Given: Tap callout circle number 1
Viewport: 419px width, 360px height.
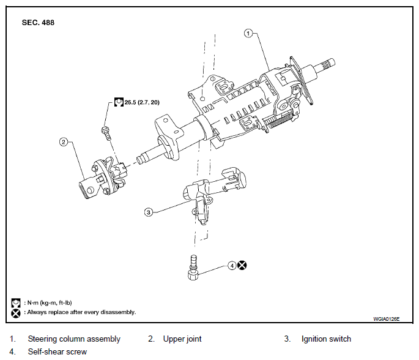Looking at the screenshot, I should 248,33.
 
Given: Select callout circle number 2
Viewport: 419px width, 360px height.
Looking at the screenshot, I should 63,142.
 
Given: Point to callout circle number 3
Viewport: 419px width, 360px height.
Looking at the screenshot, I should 148,212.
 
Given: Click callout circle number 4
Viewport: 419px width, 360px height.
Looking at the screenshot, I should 232,266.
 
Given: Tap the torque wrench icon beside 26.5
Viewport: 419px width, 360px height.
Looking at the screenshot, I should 119,103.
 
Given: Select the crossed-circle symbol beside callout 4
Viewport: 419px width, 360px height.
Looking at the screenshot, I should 243,266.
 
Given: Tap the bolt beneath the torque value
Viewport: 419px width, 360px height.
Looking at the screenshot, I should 105,130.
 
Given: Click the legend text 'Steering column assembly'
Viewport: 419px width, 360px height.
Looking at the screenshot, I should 74,339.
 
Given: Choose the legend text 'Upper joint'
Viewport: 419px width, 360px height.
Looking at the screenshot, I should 182,339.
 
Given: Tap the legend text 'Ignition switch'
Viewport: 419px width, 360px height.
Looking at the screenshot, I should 326,339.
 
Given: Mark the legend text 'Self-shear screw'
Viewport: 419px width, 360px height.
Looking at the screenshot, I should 57,351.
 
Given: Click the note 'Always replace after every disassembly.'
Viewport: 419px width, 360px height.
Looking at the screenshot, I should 80,312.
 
